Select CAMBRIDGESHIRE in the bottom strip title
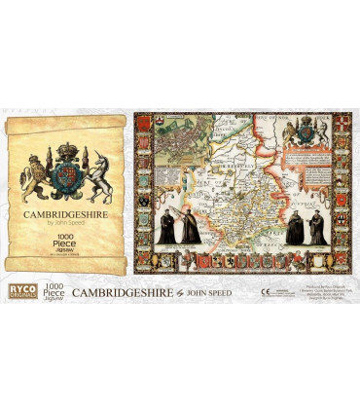pyautogui.click(x=122, y=291)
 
